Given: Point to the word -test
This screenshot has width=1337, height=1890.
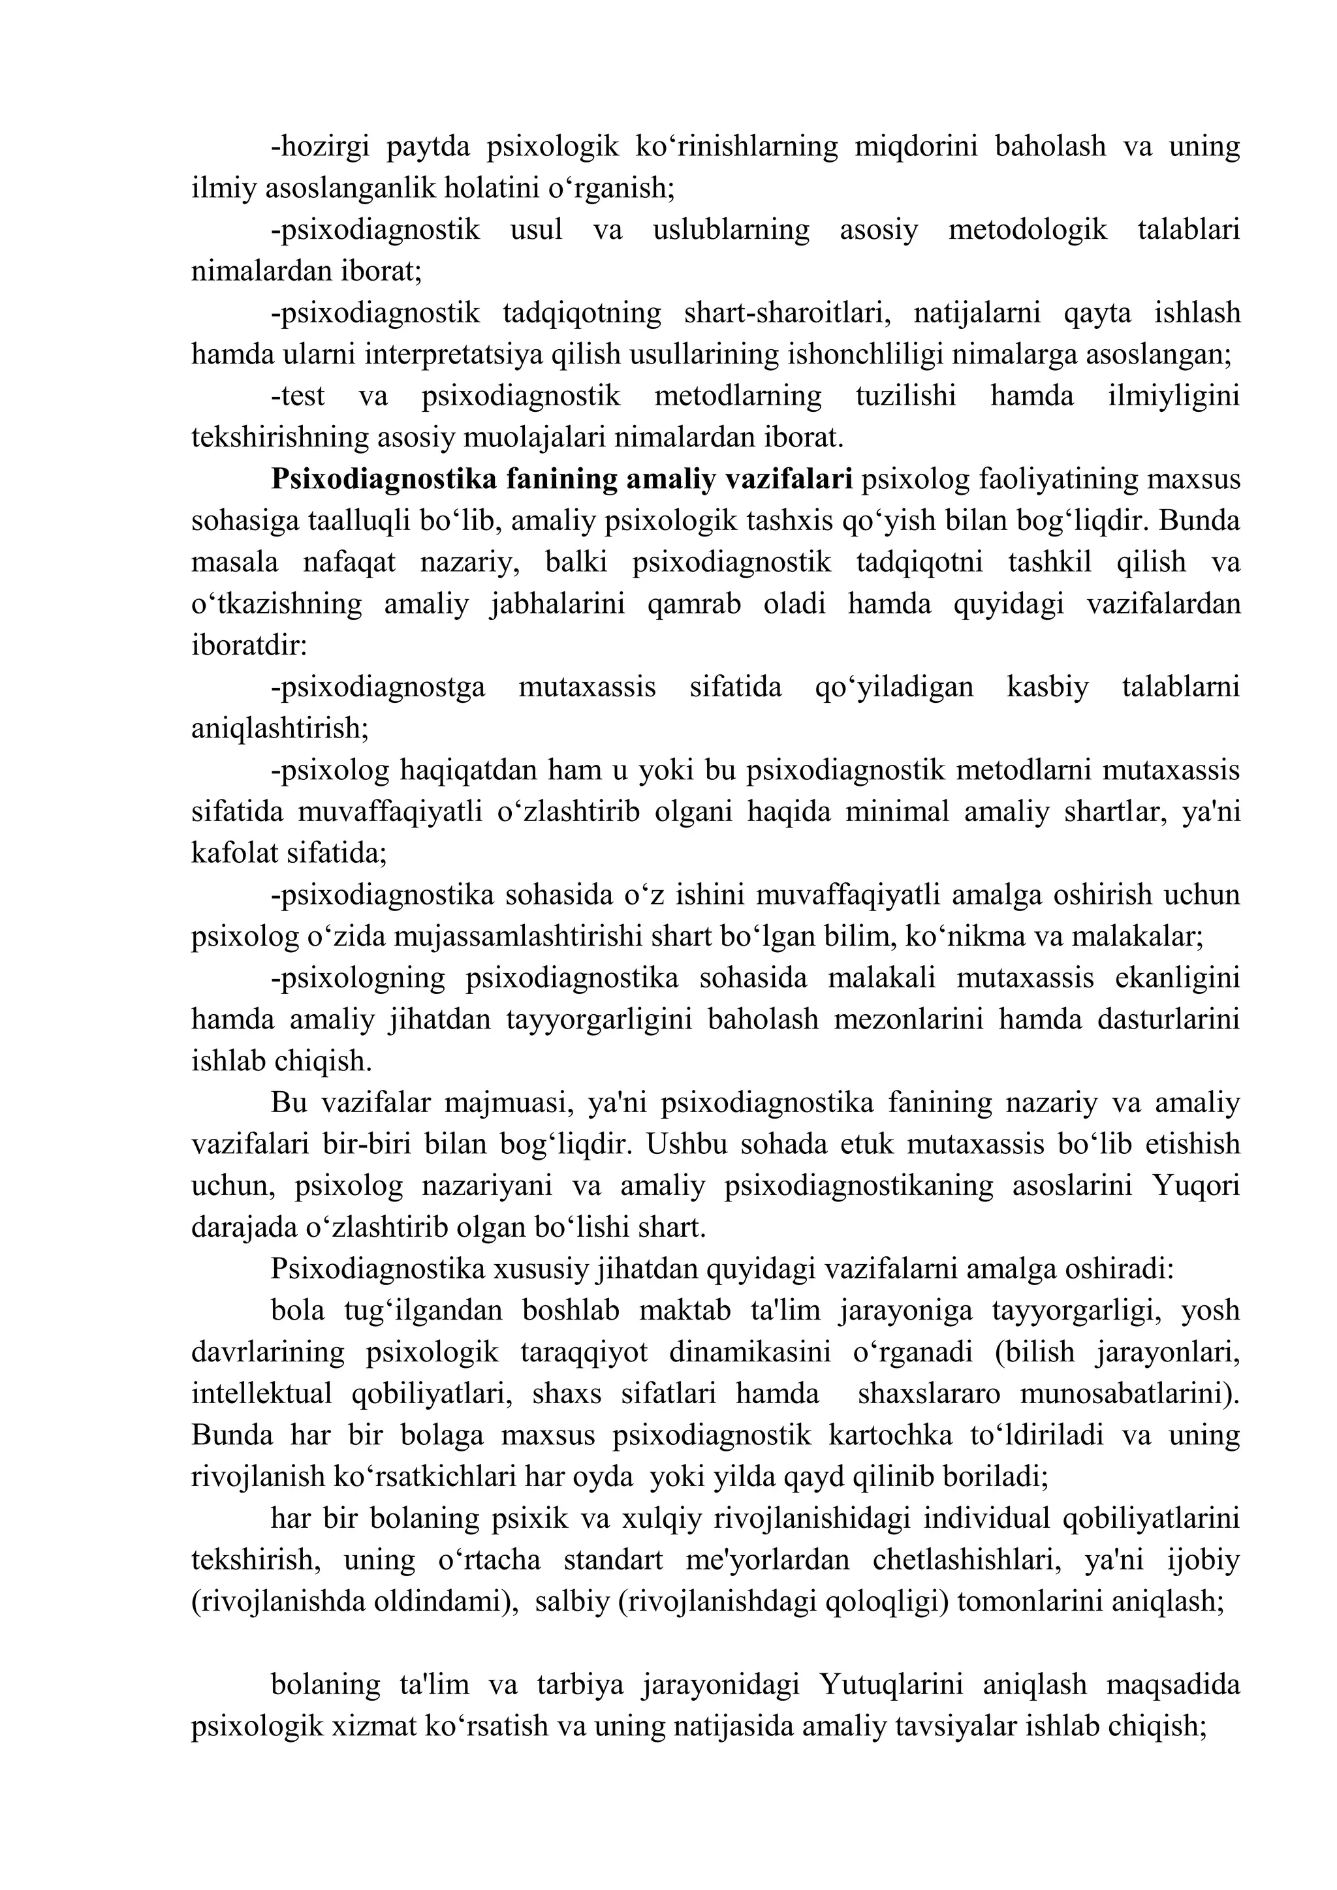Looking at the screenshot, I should click(x=298, y=396).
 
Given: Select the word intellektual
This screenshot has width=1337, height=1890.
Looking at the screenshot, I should click(x=261, y=1393).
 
